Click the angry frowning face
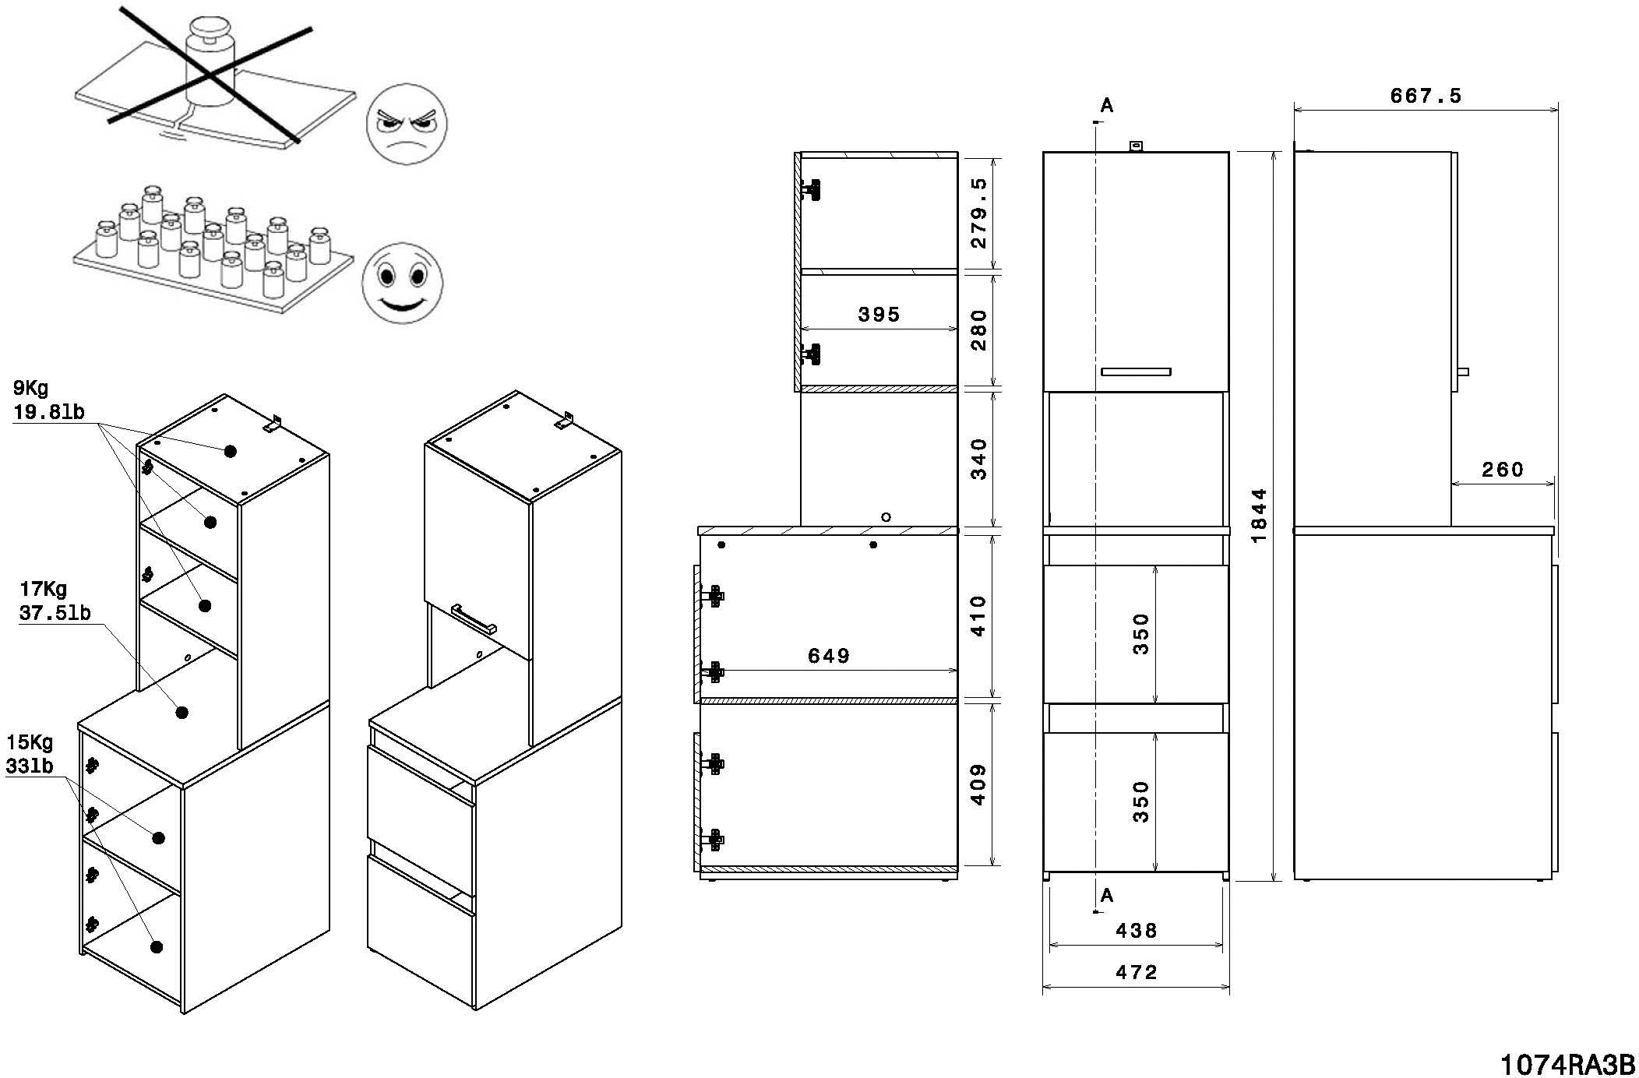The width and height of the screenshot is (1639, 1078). pos(406,124)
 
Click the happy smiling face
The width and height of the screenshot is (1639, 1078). pos(402,284)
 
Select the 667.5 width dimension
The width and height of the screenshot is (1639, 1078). pos(1425,96)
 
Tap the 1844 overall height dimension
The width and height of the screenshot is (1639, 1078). pos(1259,515)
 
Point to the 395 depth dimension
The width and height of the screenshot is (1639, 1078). pos(878,315)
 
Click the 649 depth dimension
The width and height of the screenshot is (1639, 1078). pos(828,656)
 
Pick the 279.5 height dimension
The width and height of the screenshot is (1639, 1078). pos(979,212)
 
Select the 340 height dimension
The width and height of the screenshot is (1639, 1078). pos(979,459)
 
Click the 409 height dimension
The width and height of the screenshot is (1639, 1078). pos(979,784)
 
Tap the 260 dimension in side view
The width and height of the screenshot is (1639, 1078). pos(1502,470)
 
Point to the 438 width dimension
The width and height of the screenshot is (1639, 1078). pos(1136,930)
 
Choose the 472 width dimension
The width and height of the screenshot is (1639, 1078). pos(1136,972)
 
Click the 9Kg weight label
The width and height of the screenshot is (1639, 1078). pos(30,388)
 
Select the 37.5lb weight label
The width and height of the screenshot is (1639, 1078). pos(55,613)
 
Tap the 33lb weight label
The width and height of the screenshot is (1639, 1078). pos(30,766)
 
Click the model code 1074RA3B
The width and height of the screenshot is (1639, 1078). pos(1567,1064)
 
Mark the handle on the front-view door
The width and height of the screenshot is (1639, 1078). pos(1136,372)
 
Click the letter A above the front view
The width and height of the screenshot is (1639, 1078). pos(1106,106)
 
